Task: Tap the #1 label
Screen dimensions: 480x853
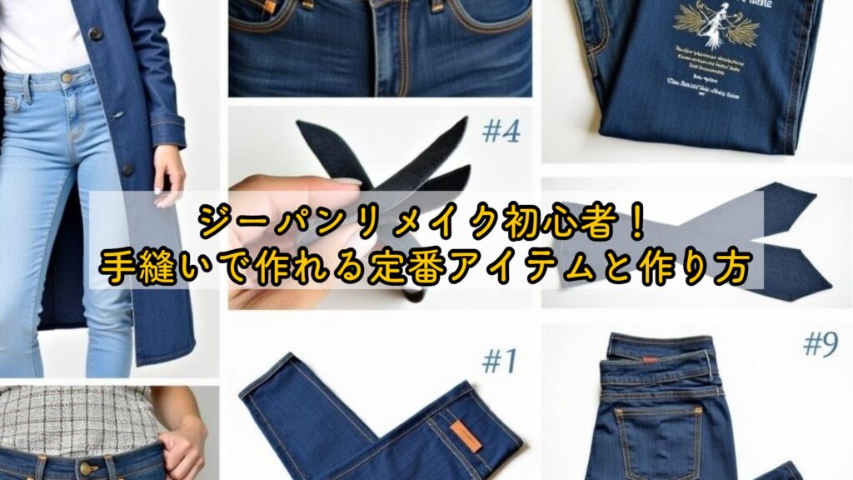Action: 499,361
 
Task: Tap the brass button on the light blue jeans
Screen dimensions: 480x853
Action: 67,77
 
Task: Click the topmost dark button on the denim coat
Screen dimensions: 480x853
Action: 94,34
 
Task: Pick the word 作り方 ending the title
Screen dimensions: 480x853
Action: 698,268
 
